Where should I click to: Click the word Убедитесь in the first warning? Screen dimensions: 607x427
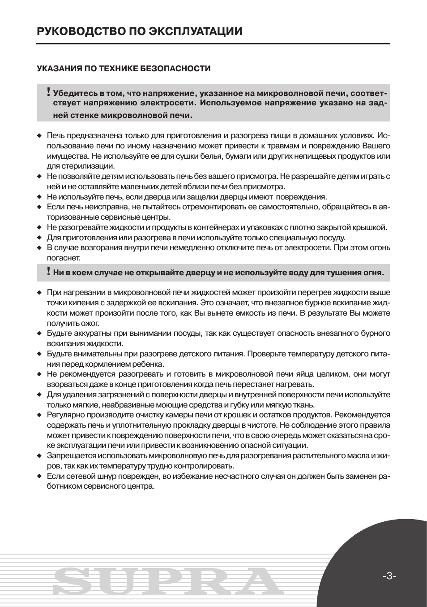tap(75, 94)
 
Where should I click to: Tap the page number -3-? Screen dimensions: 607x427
tap(389, 576)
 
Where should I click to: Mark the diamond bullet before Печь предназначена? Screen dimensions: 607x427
tap(39, 136)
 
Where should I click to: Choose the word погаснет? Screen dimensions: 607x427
tap(64, 258)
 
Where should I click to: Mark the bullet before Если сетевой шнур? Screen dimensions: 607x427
tap(39, 477)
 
